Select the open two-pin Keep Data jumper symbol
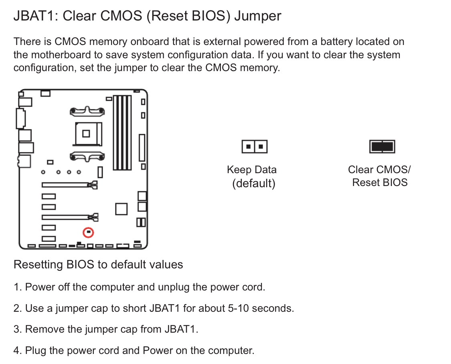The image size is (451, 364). (x=254, y=147)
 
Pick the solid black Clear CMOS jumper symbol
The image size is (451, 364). (x=382, y=147)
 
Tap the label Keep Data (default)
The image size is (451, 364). (x=252, y=176)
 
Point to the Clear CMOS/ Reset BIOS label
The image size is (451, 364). (x=380, y=176)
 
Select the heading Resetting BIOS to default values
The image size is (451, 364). (x=98, y=265)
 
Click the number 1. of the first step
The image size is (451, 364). (x=18, y=287)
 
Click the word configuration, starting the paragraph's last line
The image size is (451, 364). (x=44, y=68)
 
